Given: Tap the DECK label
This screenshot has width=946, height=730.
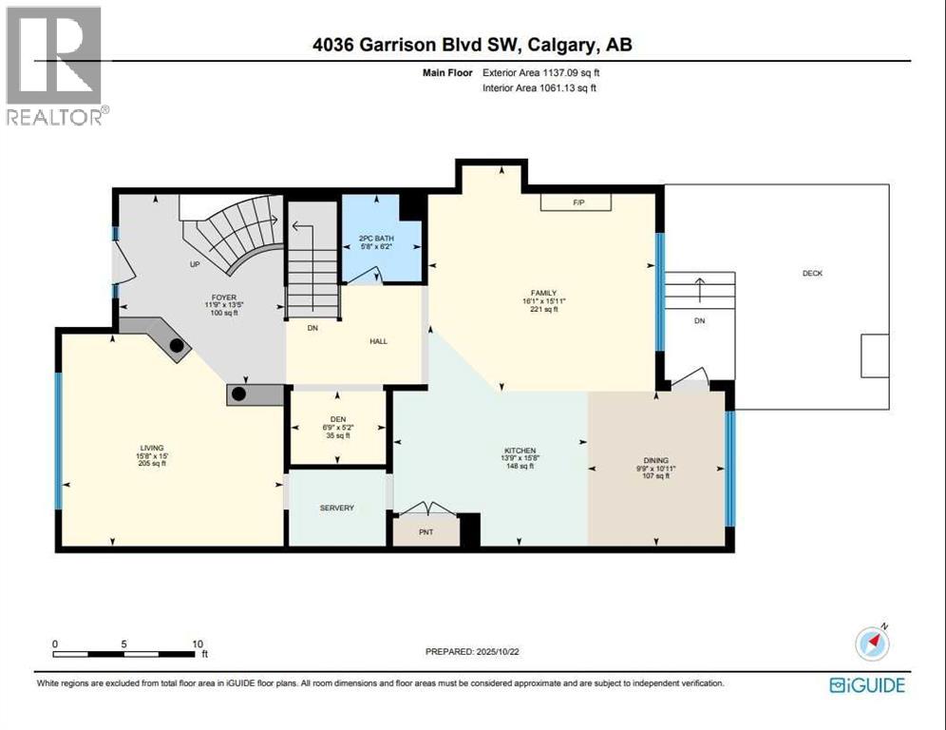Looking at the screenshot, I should click(x=812, y=273).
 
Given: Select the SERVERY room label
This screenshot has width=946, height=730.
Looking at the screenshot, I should click(x=336, y=508).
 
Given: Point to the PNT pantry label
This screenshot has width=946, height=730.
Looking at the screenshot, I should click(x=426, y=531).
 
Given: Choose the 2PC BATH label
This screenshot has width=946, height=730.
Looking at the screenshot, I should click(x=376, y=238).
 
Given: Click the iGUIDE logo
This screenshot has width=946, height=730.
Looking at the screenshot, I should click(x=867, y=684).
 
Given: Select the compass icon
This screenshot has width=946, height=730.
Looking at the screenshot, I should click(x=872, y=644).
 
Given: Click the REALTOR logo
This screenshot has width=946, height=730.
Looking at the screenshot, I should click(x=56, y=66).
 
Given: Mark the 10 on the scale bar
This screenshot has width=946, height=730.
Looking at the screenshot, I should click(x=199, y=644).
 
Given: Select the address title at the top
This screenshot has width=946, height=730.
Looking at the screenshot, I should click(x=472, y=45).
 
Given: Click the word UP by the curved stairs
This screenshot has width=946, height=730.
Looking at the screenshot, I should click(x=195, y=264).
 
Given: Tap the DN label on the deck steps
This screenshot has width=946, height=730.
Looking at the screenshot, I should click(x=700, y=321).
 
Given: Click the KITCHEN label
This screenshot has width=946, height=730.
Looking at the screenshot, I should click(x=520, y=450).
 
